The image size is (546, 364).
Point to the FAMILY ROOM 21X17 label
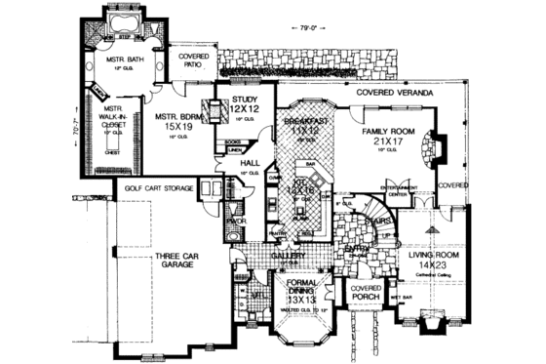coord(387,137)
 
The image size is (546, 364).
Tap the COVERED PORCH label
coord(366,295)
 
